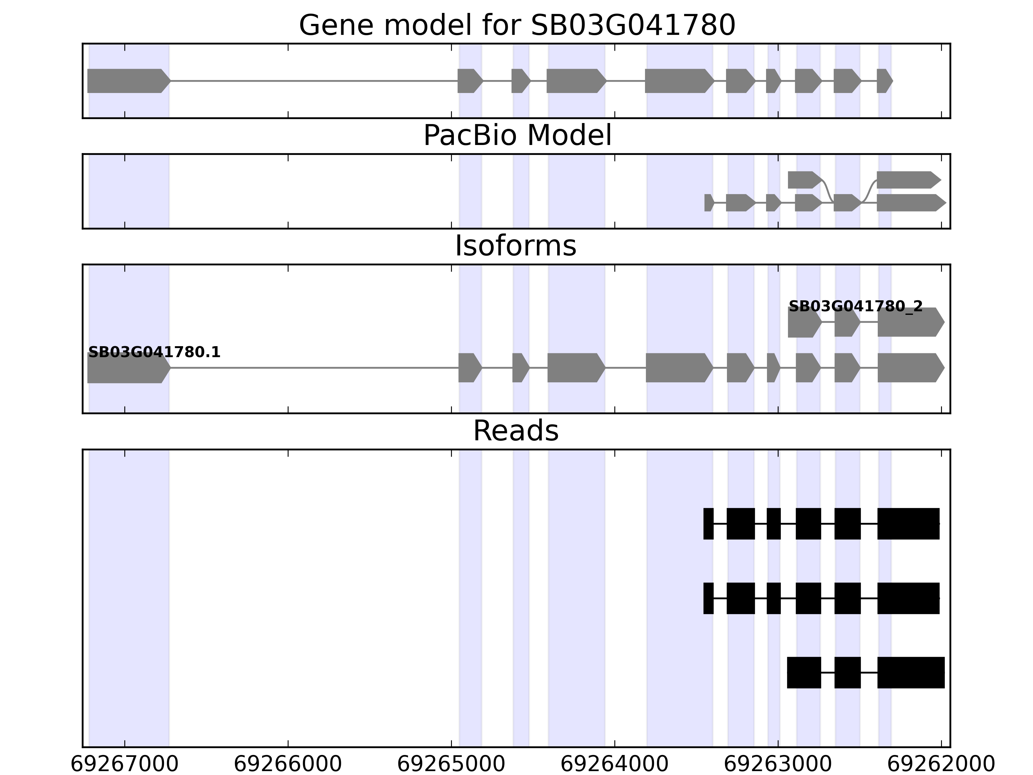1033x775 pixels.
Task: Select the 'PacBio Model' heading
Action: pos(517,136)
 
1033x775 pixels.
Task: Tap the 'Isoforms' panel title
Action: pos(516,246)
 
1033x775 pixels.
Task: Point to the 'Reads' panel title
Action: pos(516,431)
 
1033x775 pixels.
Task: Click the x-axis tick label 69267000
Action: pos(124,764)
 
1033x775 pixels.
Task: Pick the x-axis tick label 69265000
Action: pos(451,764)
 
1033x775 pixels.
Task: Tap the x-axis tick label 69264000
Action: pos(615,764)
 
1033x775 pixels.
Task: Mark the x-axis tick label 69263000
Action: pos(778,764)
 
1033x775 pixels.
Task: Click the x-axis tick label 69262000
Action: pos(941,764)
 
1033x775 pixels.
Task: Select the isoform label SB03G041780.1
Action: pos(154,352)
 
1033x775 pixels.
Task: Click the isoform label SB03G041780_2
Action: pos(855,306)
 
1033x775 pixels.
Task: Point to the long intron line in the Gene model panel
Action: pos(313,81)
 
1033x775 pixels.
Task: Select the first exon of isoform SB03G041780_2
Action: pos(803,322)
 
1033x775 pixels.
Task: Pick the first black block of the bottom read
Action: pos(804,673)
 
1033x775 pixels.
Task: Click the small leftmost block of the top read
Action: pos(709,524)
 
